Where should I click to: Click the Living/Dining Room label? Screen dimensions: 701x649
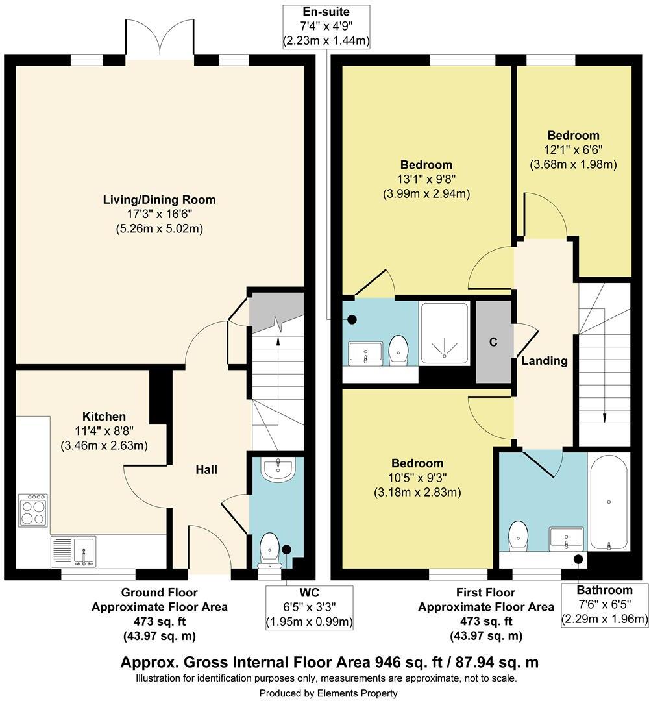click(159, 200)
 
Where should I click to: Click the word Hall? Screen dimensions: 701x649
click(206, 469)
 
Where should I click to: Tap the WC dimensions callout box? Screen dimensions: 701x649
click(309, 608)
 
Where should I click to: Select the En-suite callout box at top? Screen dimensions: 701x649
click(326, 27)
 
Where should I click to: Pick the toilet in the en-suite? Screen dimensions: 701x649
click(397, 349)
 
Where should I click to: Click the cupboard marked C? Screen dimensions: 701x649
click(493, 342)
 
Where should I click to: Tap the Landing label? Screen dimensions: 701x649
click(545, 361)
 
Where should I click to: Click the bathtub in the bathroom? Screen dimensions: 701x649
click(608, 502)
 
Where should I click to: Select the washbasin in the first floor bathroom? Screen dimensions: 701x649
click(567, 537)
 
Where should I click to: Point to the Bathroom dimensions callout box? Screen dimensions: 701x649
click(604, 605)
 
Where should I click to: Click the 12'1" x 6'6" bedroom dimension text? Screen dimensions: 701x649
click(573, 150)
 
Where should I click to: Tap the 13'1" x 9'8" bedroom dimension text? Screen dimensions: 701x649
click(426, 179)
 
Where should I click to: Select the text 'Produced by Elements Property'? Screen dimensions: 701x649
click(328, 693)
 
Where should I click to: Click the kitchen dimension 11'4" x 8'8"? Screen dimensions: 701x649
click(104, 431)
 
